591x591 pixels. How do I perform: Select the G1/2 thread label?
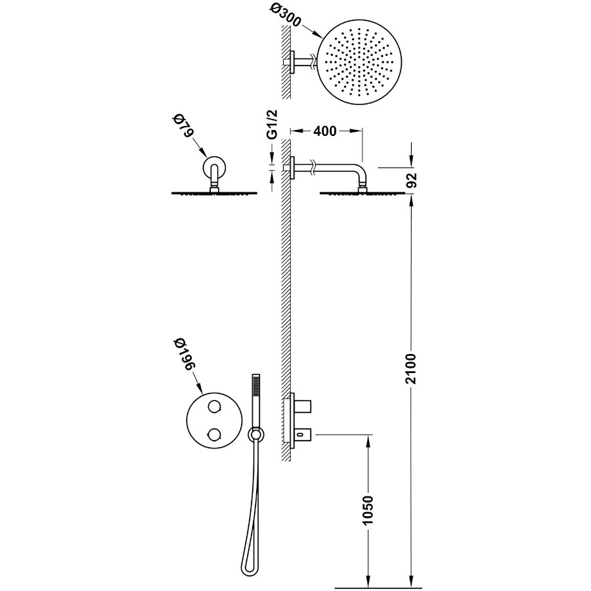[273, 124]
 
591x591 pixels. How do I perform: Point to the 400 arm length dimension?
[325, 131]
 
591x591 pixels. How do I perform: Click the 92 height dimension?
[412, 180]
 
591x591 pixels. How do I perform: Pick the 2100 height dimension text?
[412, 368]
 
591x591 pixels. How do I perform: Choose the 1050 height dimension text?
[368, 510]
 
